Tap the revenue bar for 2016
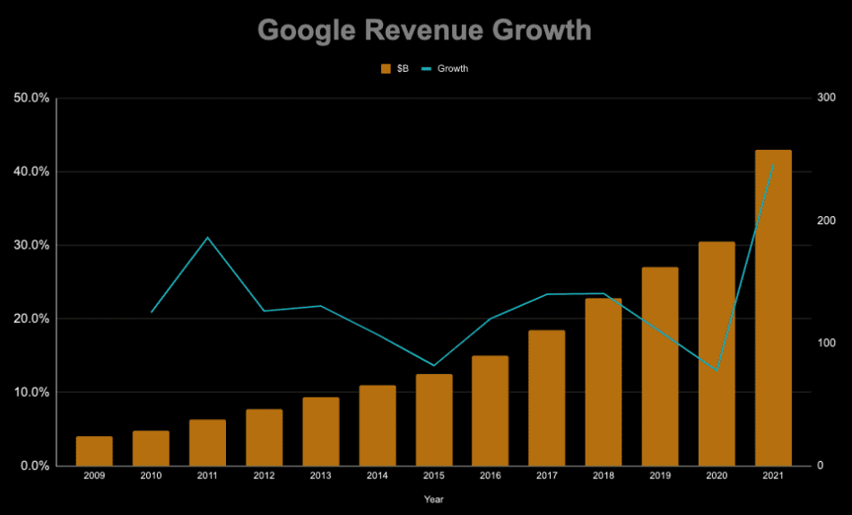coord(490,411)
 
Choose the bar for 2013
coord(320,432)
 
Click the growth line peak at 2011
coord(207,238)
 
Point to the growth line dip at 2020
coord(716,369)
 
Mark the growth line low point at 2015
coord(434,365)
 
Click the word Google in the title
coord(306,30)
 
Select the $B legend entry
coord(396,68)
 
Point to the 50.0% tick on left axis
coord(31,98)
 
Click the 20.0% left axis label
coord(31,319)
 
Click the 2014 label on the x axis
coord(377,476)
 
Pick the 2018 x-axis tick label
coord(603,476)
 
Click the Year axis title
coord(433,499)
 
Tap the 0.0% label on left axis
coord(33,466)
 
